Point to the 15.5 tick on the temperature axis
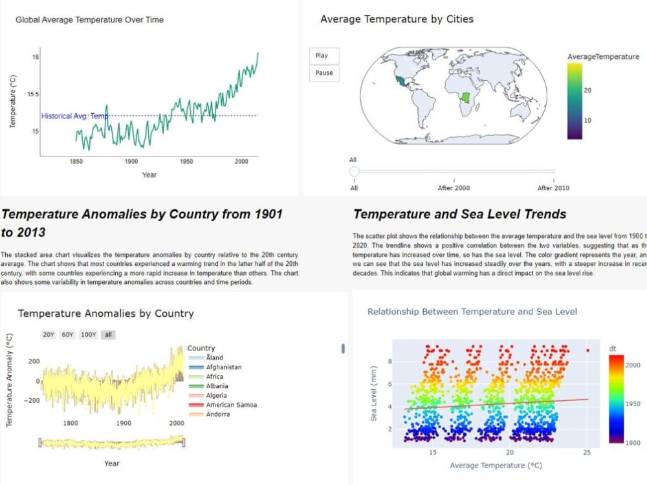(33, 94)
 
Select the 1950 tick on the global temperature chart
(186, 162)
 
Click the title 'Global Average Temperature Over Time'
(89, 20)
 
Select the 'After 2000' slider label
(454, 188)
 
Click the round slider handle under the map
(354, 171)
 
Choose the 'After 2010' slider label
(554, 188)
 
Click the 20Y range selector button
(49, 335)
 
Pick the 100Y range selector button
(88, 335)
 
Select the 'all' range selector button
(109, 335)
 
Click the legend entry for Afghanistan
(223, 367)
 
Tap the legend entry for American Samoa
(231, 405)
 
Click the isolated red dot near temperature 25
(587, 350)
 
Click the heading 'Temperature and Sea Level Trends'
(459, 215)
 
